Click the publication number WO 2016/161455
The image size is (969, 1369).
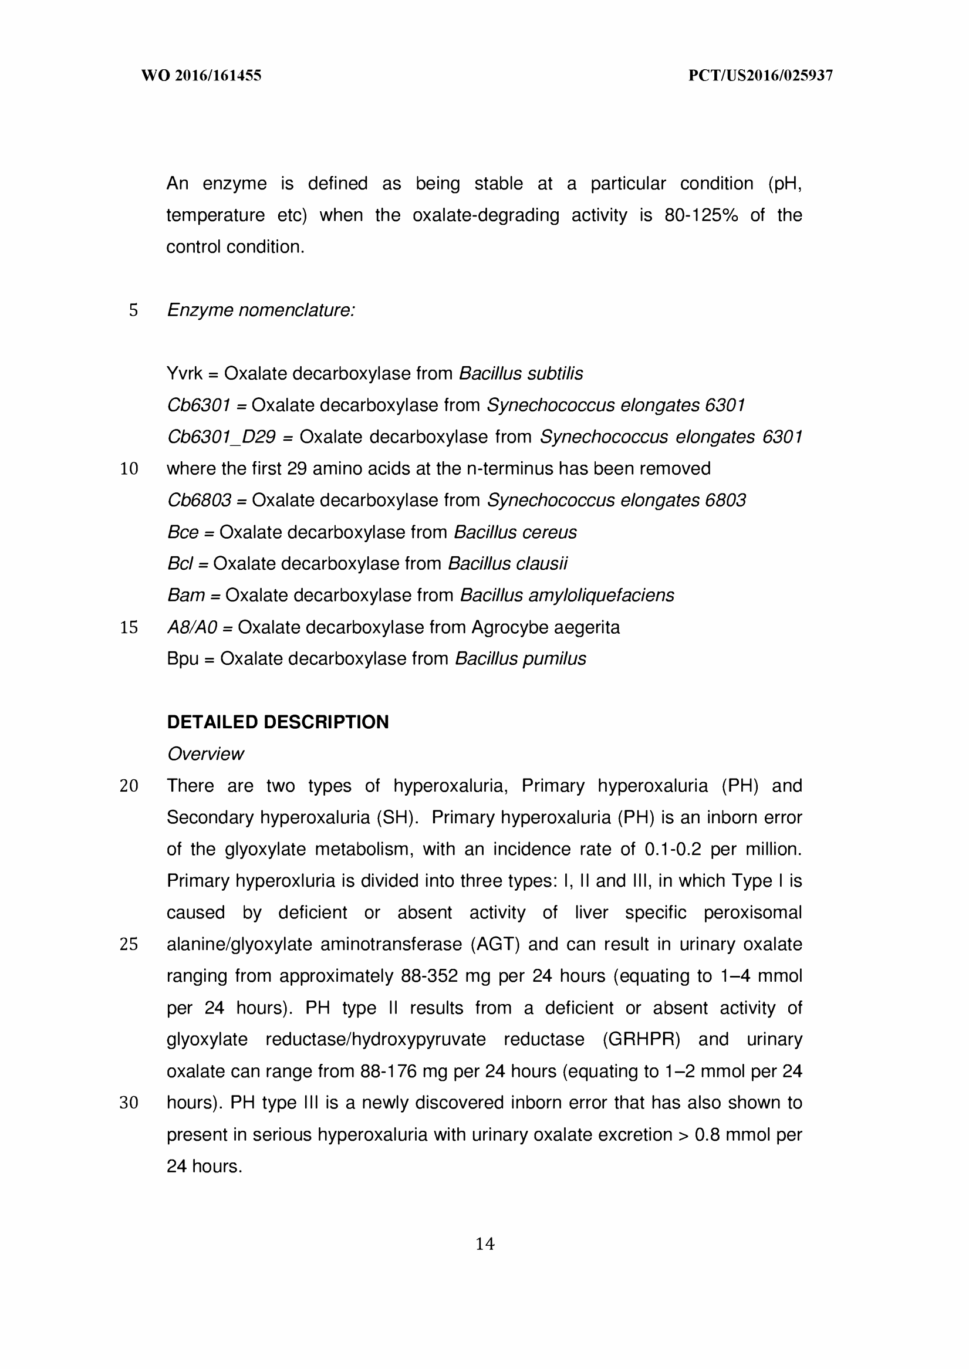(201, 76)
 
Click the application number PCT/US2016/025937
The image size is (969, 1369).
(761, 76)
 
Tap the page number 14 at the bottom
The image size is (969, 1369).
(485, 1244)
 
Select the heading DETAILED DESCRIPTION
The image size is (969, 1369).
(278, 722)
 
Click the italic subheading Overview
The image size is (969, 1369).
(205, 754)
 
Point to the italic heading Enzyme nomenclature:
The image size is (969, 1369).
(261, 310)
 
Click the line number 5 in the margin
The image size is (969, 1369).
(133, 310)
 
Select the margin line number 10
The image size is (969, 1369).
(129, 469)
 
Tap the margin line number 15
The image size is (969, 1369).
(129, 627)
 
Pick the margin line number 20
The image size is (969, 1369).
(129, 786)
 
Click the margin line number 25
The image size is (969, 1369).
(129, 944)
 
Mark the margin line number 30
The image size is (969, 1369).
(129, 1103)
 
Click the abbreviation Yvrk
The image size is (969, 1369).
(184, 374)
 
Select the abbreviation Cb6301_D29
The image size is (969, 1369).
(221, 437)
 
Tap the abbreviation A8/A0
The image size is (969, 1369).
(192, 627)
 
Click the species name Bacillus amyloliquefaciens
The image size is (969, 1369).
(567, 596)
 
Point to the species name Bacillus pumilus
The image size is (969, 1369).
(520, 659)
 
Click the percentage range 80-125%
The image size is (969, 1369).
(701, 215)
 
